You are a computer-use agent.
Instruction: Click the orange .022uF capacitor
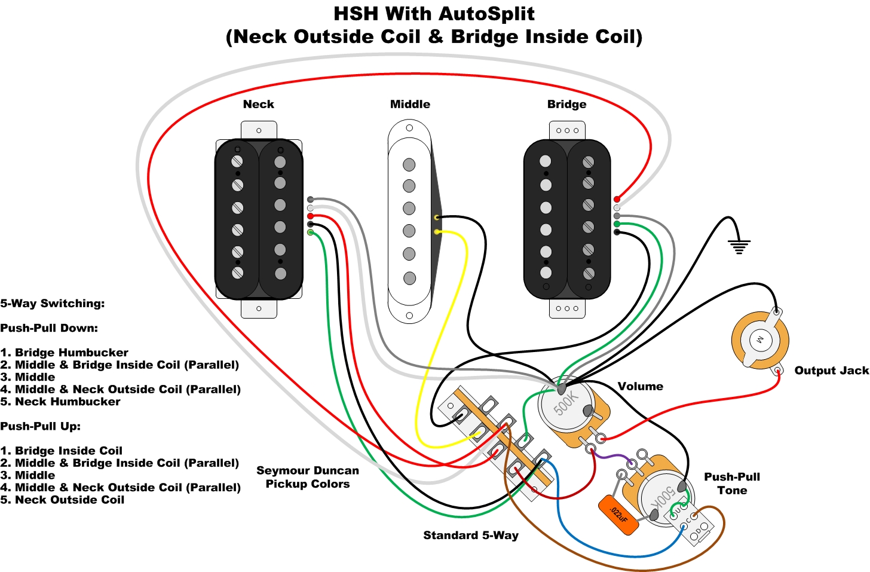pyautogui.click(x=618, y=515)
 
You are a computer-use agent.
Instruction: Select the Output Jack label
pyautogui.click(x=832, y=371)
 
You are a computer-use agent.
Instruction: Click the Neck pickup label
pyautogui.click(x=259, y=104)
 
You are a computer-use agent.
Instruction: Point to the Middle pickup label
pyautogui.click(x=410, y=104)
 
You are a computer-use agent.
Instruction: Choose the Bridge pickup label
pyautogui.click(x=566, y=104)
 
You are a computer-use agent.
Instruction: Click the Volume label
pyautogui.click(x=641, y=386)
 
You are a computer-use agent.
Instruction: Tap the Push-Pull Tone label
pyautogui.click(x=732, y=484)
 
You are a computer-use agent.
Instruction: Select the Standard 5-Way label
pyautogui.click(x=471, y=536)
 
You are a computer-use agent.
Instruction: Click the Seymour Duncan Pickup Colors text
pyautogui.click(x=308, y=477)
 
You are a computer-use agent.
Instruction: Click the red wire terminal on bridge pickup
pyautogui.click(x=617, y=200)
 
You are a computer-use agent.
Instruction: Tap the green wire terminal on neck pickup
pyautogui.click(x=310, y=233)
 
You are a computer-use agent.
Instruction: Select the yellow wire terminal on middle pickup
pyautogui.click(x=437, y=232)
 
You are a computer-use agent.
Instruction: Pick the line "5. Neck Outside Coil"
pyautogui.click(x=62, y=500)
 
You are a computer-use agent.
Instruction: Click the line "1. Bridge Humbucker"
pyautogui.click(x=64, y=353)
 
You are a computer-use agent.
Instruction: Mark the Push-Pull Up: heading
pyautogui.click(x=41, y=426)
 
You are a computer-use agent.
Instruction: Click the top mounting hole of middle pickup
pyautogui.click(x=409, y=128)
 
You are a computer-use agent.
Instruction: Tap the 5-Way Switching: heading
pyautogui.click(x=53, y=304)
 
